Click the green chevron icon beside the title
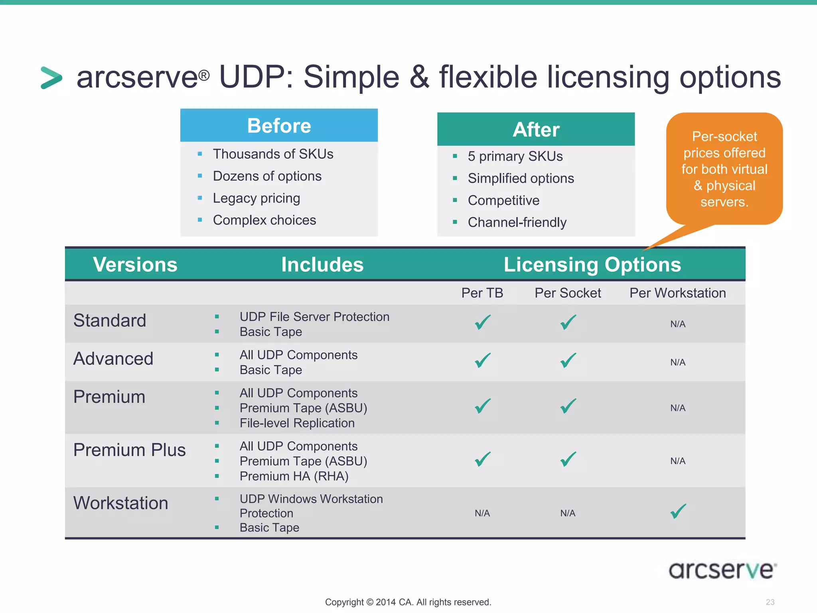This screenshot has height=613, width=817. [51, 78]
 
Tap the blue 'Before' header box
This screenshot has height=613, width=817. [279, 126]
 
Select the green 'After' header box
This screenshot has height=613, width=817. [536, 129]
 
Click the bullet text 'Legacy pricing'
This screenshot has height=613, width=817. [256, 198]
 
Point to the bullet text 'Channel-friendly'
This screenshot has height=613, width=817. [517, 222]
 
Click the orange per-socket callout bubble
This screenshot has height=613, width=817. [724, 169]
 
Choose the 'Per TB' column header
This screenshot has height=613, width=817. [482, 293]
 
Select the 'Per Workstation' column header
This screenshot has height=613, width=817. [677, 293]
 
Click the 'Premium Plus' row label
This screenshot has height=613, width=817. [129, 450]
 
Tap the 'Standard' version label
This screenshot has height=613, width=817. [110, 320]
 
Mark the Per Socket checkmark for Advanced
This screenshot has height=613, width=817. [568, 360]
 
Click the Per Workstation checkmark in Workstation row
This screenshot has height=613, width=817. [678, 511]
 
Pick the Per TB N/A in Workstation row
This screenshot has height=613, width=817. [482, 513]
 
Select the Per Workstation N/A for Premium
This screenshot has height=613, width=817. [677, 408]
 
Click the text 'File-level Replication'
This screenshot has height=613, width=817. [297, 423]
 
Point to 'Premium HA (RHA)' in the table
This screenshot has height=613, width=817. [294, 476]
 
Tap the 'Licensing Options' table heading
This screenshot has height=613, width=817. [592, 265]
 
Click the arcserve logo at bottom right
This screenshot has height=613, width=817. [722, 570]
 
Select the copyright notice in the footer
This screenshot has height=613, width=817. [408, 602]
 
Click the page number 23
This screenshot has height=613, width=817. [770, 602]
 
